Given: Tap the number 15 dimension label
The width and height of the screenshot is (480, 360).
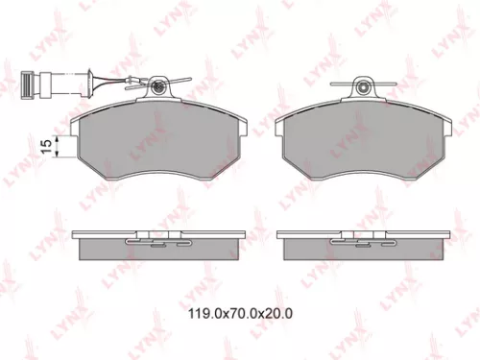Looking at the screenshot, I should point(44,144).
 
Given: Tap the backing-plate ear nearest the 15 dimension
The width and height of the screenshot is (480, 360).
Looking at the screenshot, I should point(78,123).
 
